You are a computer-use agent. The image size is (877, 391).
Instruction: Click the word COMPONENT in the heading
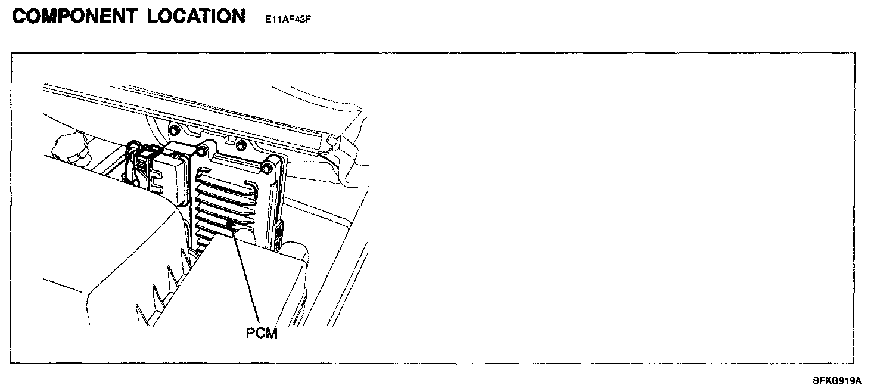[x=74, y=16]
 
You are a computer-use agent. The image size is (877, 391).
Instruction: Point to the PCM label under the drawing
[x=262, y=333]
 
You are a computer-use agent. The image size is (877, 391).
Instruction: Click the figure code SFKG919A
[x=837, y=380]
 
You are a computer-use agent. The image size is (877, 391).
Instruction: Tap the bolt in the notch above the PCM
[x=240, y=145]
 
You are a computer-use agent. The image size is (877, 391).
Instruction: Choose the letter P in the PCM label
[x=251, y=333]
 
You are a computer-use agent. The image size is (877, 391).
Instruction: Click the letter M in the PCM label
[x=272, y=333]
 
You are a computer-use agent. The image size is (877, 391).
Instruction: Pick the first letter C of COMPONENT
[x=20, y=16]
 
